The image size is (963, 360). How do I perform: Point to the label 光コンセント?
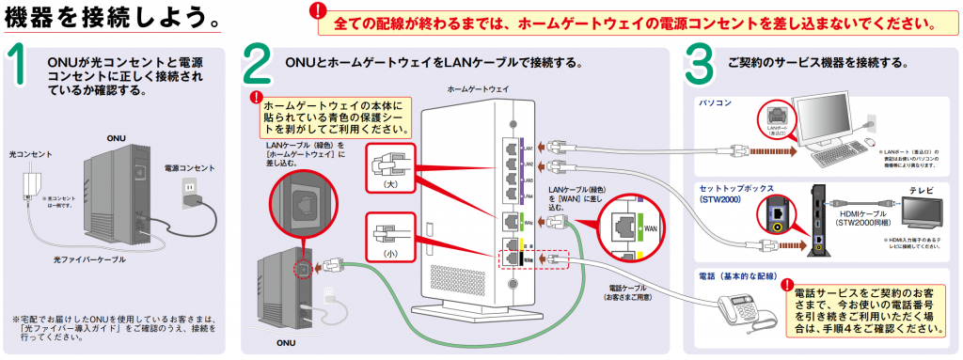[x=30, y=153]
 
